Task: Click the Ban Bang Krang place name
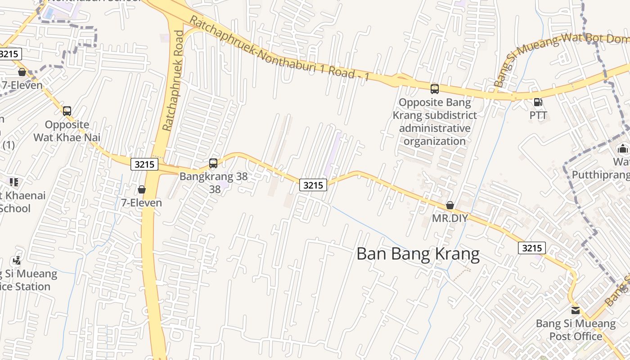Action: pyautogui.click(x=418, y=254)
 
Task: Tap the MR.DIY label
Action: pyautogui.click(x=450, y=218)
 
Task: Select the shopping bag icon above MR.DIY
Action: pyautogui.click(x=450, y=206)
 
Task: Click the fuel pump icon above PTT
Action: pyautogui.click(x=537, y=102)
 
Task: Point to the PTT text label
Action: pyautogui.click(x=538, y=115)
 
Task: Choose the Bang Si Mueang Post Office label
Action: pyautogui.click(x=576, y=330)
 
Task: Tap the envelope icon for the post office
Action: pyautogui.click(x=576, y=310)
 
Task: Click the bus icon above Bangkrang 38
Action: pyautogui.click(x=213, y=163)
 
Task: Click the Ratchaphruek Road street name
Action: pyautogui.click(x=173, y=81)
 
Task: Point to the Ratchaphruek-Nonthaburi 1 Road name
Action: pyautogui.click(x=279, y=49)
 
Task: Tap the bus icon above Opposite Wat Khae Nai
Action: pyautogui.click(x=67, y=111)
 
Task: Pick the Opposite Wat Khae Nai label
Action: pyautogui.click(x=67, y=131)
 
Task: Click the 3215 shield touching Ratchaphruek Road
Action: pyautogui.click(x=144, y=164)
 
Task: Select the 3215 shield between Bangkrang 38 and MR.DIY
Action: pyautogui.click(x=313, y=184)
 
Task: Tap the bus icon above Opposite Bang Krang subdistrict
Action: pyautogui.click(x=434, y=89)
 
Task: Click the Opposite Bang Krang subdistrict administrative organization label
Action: pyautogui.click(x=434, y=121)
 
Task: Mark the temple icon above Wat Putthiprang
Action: pyautogui.click(x=623, y=148)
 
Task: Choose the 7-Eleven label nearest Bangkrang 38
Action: pyautogui.click(x=141, y=203)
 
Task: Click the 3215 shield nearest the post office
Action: pyautogui.click(x=531, y=248)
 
